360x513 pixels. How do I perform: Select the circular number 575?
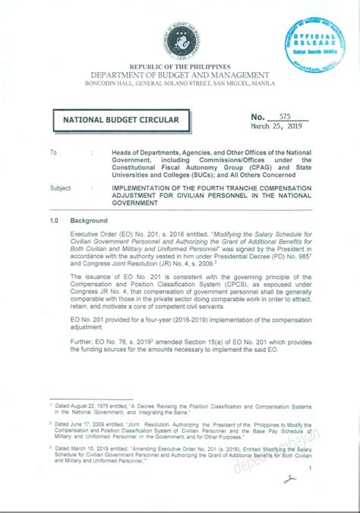coord(286,115)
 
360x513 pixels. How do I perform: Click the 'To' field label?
coord(53,153)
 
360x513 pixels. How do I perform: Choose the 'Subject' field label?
coord(61,187)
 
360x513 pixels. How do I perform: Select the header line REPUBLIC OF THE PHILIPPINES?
coord(179,68)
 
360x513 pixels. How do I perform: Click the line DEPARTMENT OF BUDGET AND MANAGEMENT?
coord(179,77)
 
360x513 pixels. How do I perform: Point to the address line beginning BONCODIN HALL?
coord(179,85)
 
